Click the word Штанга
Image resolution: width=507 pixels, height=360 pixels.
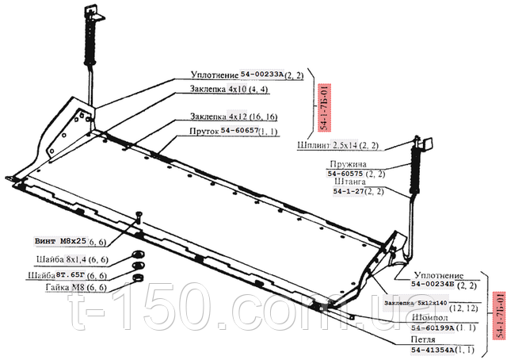pos(351,182)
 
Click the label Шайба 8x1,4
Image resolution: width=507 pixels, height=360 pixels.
pos(62,259)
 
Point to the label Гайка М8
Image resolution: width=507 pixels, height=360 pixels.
pos(61,287)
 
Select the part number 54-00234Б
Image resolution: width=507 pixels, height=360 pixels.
pos(436,284)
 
